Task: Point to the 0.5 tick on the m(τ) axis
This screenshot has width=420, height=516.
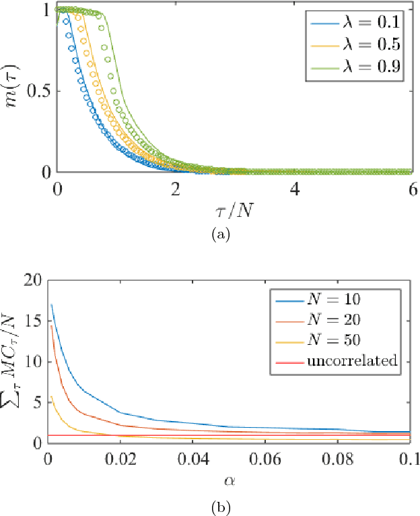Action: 34,91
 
